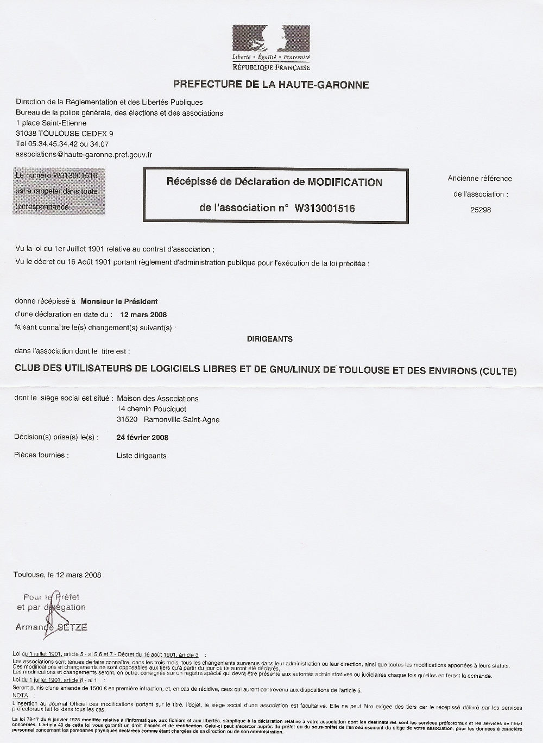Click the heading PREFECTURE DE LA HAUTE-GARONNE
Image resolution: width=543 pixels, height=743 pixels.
pos(271,85)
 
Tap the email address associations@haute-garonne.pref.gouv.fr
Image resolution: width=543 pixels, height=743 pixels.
pos(84,154)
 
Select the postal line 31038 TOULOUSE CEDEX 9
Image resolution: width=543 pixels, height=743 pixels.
pos(65,134)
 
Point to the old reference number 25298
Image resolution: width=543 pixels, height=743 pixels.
pos(480,209)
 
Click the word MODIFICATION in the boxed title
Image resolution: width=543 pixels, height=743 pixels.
pos(345,182)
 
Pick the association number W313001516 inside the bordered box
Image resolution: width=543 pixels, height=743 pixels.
pos(325,208)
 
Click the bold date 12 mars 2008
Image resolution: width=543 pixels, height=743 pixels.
pos(143,314)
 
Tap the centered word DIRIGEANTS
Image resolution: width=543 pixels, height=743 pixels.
pos(270,339)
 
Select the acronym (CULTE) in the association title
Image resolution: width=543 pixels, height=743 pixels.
pos(498,371)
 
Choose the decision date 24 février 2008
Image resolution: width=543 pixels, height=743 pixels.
pos(142,437)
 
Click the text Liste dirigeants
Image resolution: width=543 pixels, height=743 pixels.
pos(141,456)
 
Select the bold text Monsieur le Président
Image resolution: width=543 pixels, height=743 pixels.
pos(119,301)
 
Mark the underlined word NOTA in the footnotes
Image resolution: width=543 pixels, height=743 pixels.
pos(20,695)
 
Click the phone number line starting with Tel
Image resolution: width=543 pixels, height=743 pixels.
pos(62,144)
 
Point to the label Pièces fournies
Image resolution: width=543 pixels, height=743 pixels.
pos(41,455)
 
